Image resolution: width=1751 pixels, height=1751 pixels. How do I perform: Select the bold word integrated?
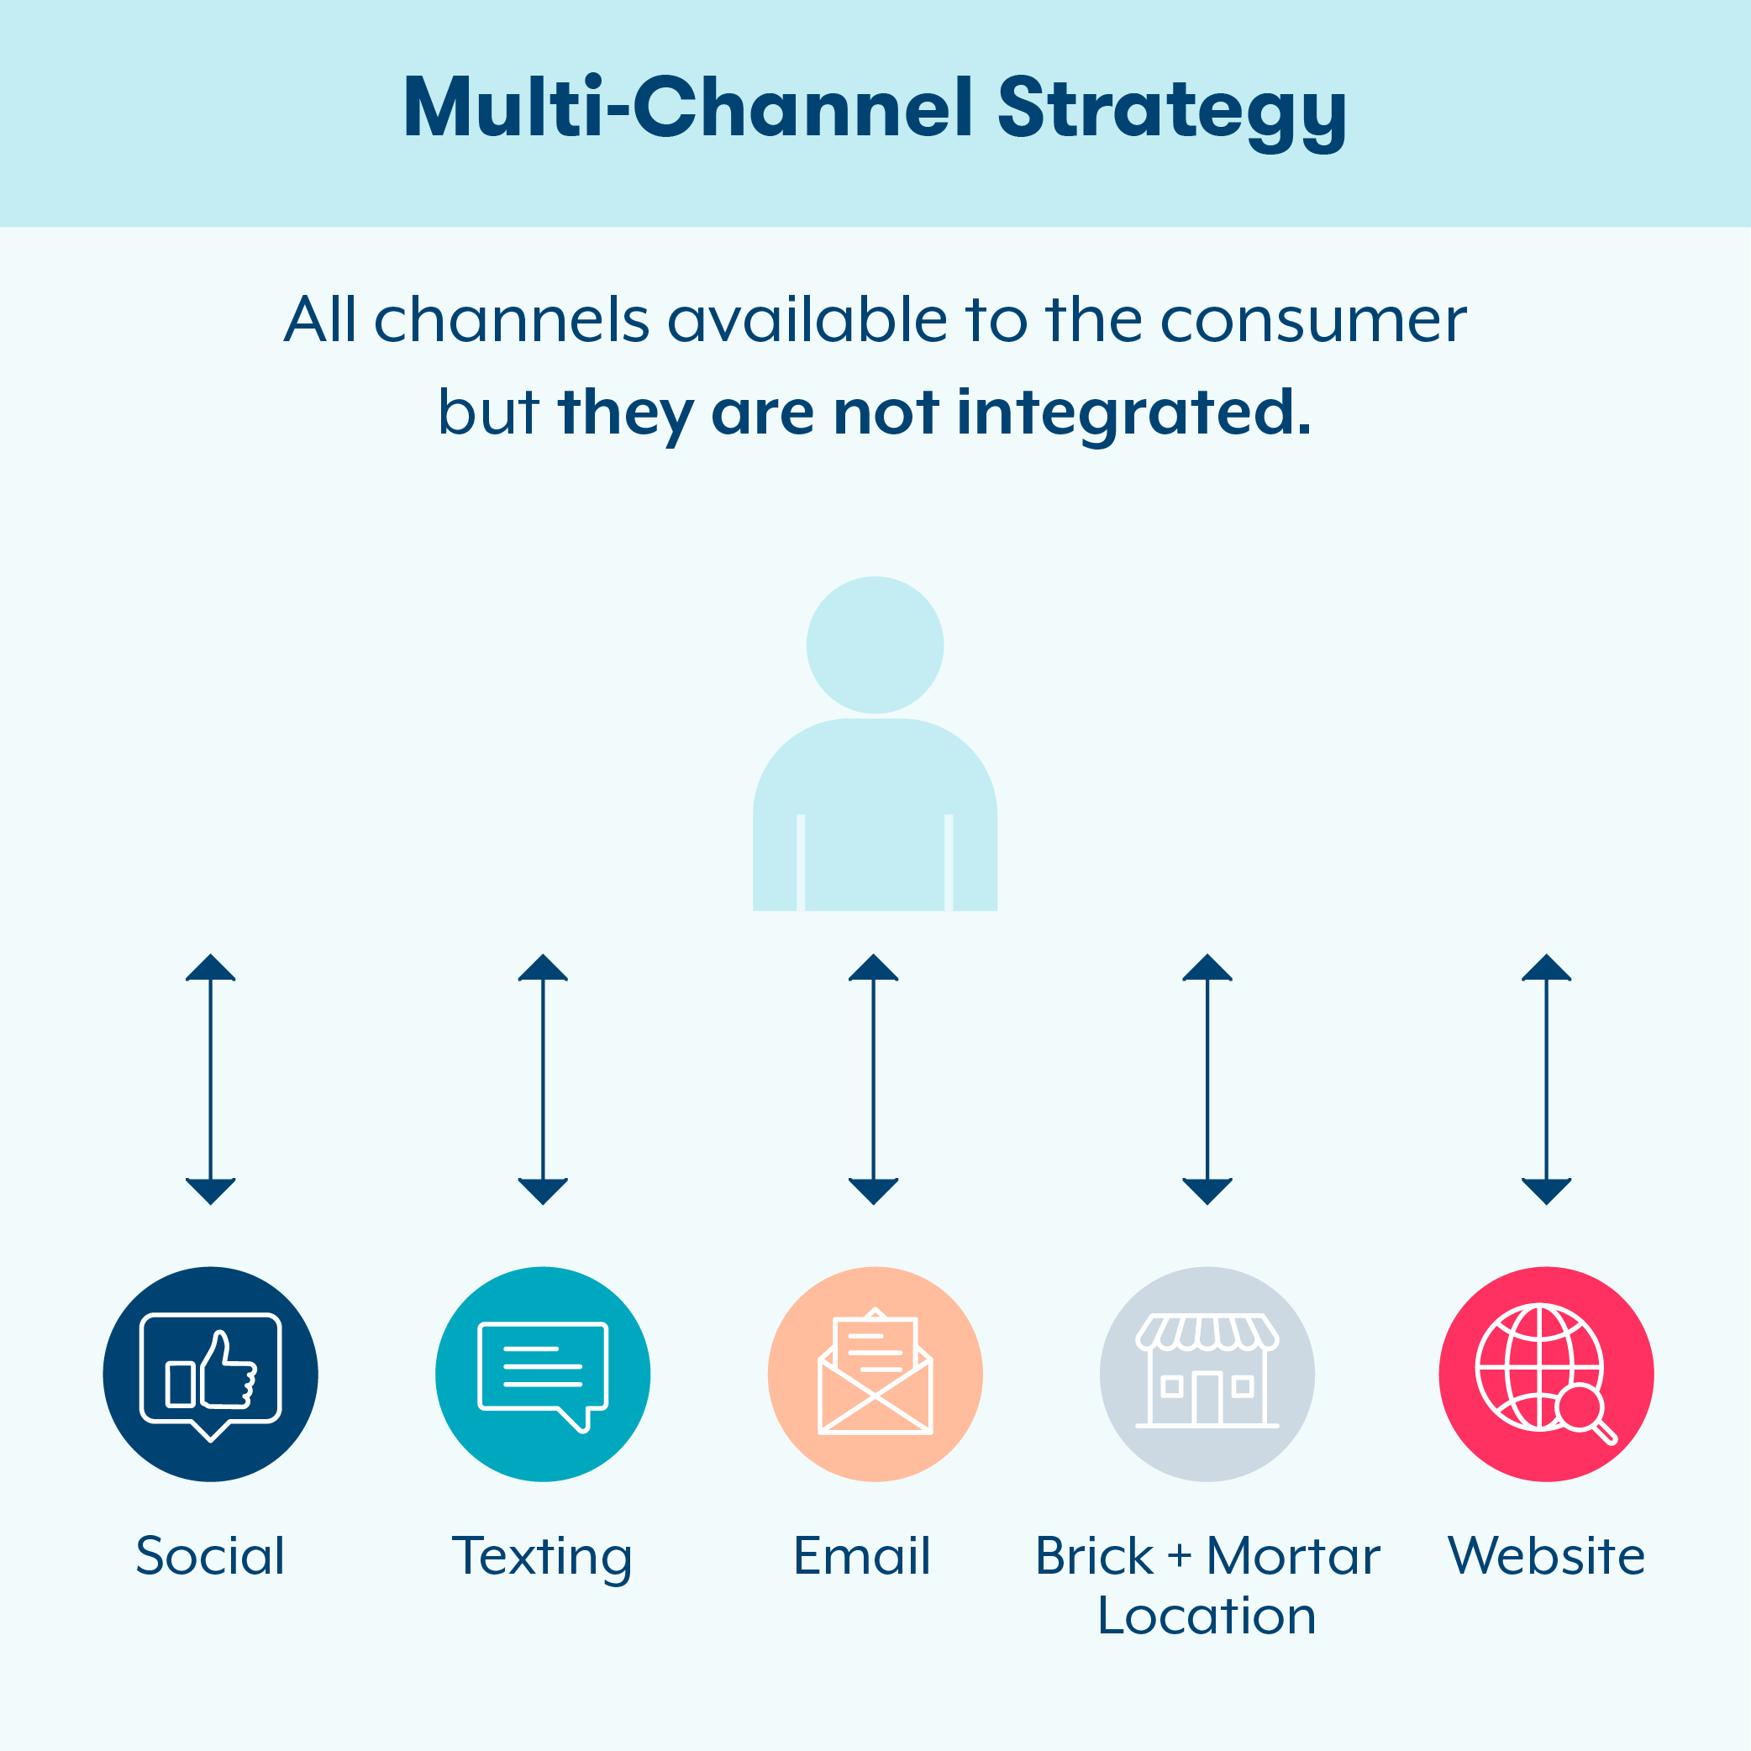point(1133,413)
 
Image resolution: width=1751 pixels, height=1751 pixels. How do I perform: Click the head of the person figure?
point(875,645)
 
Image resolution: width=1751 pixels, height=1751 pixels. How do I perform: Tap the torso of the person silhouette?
point(875,816)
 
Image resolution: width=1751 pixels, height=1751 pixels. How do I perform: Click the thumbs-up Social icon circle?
point(210,1374)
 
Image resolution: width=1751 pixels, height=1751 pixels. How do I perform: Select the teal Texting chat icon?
point(543,1374)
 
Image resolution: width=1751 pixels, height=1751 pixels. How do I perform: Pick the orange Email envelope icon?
point(875,1374)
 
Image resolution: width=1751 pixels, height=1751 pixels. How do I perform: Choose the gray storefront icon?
point(1207,1374)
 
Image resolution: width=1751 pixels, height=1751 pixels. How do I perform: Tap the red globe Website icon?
point(1546,1374)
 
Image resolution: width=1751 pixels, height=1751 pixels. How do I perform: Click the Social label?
point(210,1556)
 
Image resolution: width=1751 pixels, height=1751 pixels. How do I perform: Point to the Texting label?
point(542,1556)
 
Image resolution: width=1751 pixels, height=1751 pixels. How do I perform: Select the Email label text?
point(862,1556)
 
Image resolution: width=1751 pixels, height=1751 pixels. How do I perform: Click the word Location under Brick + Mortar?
point(1207,1616)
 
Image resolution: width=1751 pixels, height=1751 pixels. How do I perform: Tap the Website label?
point(1546,1556)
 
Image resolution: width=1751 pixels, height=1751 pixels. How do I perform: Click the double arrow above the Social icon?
point(210,1079)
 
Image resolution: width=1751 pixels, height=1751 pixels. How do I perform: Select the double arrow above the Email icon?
point(874,1079)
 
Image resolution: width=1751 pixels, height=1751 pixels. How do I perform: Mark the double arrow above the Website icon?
point(1546,1079)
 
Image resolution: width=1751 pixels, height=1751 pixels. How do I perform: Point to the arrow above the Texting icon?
point(543,1079)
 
